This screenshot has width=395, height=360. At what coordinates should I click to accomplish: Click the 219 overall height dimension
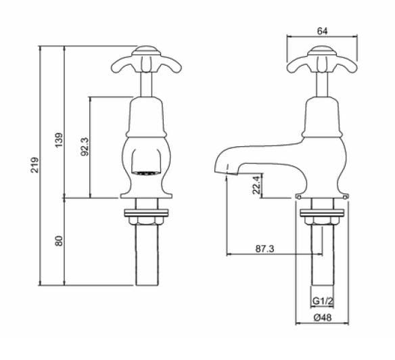34,166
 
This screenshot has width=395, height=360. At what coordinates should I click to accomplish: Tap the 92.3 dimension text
84,147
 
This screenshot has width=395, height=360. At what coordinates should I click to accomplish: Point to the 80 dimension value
59,241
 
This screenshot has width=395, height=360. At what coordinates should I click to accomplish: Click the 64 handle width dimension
322,30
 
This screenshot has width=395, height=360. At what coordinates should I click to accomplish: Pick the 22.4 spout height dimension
255,184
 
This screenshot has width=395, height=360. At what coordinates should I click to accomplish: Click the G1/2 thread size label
321,300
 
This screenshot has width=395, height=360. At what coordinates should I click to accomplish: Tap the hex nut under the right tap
322,218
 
